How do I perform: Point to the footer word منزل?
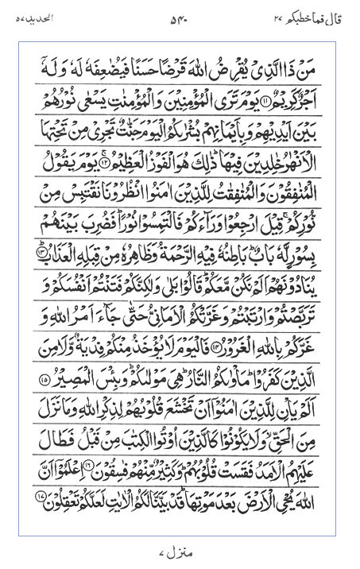[180, 549]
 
